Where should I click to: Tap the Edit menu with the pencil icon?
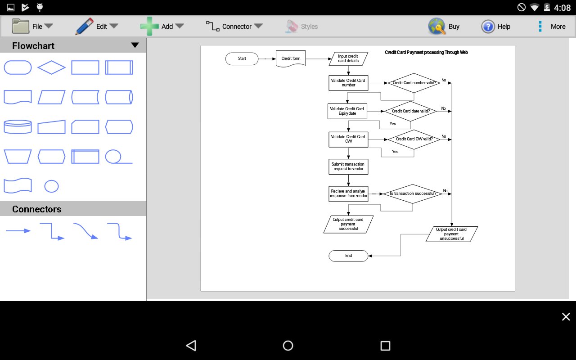pos(97,27)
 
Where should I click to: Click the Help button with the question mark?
pos(495,27)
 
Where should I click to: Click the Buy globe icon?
pos(437,27)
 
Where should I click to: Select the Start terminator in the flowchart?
pos(242,58)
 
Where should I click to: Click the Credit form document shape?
pos(291,58)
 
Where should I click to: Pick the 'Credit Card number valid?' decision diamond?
pos(414,83)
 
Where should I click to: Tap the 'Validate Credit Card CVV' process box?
pos(348,139)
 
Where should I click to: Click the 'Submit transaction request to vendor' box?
pos(348,166)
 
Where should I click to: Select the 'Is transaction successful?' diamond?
pos(413,193)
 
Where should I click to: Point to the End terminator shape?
pos(348,256)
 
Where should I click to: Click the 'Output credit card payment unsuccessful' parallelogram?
pos(451,234)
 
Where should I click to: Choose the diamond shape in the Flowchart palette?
pos(51,67)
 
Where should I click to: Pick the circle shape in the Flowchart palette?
pos(51,186)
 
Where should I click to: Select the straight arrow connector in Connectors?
pos(18,231)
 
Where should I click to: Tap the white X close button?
pos(566,317)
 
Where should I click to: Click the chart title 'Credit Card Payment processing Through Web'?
pos(426,53)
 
